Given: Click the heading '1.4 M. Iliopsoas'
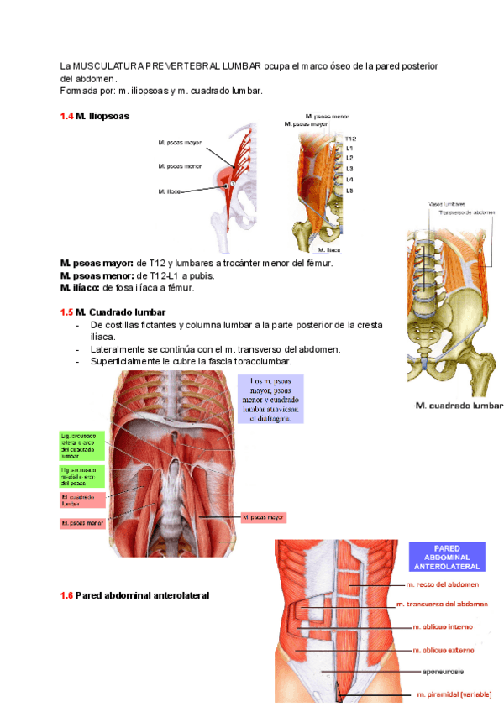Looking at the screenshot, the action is tap(94, 116).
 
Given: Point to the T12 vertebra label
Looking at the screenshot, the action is tap(350, 139).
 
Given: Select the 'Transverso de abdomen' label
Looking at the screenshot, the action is tap(467, 212).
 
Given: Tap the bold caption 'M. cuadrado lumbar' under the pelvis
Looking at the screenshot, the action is tap(459, 406).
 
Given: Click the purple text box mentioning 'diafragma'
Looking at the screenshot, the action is tap(270, 399).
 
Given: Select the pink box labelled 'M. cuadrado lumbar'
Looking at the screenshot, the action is tap(81, 500).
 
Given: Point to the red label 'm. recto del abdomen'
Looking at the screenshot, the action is tap(443, 584).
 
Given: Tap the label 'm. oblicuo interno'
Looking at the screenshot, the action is tap(443, 626).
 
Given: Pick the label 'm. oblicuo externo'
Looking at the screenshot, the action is tap(443, 649).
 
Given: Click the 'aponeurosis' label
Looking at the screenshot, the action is tap(444, 671).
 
